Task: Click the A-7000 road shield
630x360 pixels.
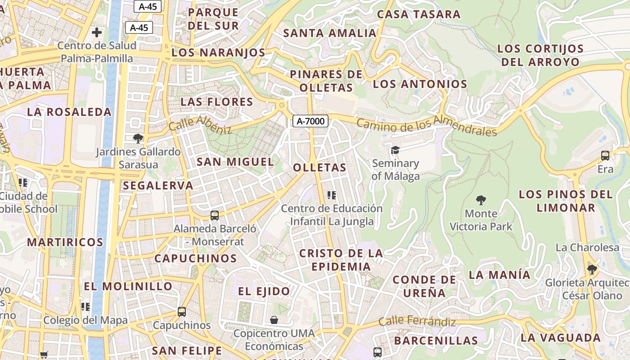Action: tap(310, 121)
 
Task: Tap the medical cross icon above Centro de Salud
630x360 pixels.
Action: tap(96, 32)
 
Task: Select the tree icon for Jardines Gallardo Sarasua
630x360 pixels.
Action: tap(138, 138)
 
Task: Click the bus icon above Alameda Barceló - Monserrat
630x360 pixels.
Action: tap(215, 215)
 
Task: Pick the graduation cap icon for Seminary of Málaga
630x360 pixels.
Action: tap(395, 150)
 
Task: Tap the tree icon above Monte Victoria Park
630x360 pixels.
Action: tap(481, 199)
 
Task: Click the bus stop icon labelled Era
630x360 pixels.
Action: tap(605, 156)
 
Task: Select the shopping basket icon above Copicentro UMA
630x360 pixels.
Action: tap(274, 320)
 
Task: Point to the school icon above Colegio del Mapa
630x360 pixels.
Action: tap(85, 307)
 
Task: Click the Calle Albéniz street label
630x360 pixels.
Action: tap(200, 125)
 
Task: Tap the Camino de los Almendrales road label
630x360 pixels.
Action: tap(427, 126)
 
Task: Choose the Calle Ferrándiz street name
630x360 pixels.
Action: tap(417, 321)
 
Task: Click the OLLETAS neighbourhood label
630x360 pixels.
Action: tap(319, 167)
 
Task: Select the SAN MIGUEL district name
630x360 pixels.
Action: tap(235, 162)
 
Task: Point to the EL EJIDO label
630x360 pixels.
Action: tap(264, 291)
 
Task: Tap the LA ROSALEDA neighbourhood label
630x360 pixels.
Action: tap(69, 112)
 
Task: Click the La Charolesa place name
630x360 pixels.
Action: tap(587, 247)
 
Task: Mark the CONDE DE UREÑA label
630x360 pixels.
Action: tap(424, 286)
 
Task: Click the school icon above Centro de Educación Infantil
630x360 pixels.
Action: tap(332, 195)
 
